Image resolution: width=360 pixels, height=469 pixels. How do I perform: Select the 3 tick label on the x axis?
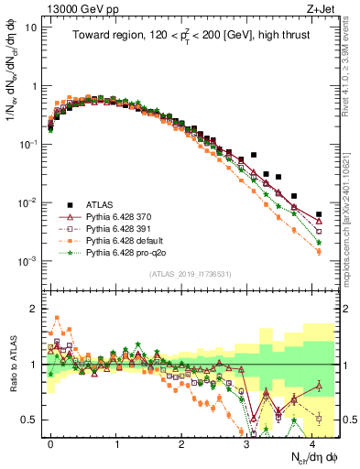pyautogui.click(x=246, y=442)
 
